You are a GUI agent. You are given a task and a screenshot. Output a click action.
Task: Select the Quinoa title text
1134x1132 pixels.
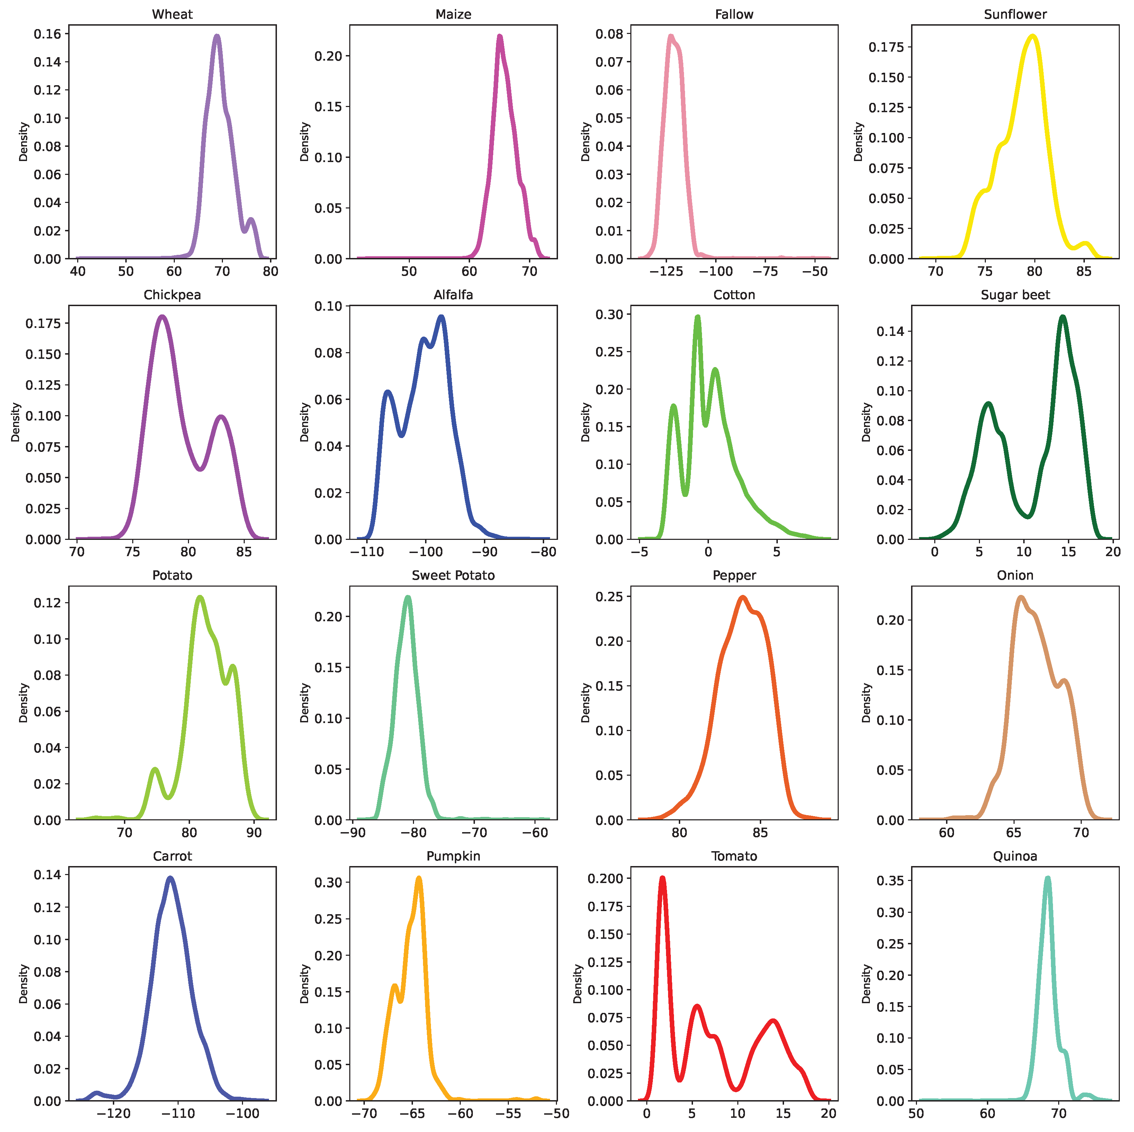(x=1015, y=856)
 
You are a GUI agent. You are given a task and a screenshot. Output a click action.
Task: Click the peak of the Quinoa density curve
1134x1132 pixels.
(x=1047, y=879)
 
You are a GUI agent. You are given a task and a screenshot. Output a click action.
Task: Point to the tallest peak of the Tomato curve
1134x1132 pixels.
(x=663, y=879)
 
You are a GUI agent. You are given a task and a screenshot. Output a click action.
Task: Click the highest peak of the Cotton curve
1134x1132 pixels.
(x=698, y=318)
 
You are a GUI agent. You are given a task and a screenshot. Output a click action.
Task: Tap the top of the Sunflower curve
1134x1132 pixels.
(x=1032, y=36)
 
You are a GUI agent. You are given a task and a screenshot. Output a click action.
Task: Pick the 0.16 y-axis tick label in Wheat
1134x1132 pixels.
(x=47, y=34)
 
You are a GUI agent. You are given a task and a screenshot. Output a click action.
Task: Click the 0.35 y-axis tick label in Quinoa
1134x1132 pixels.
(x=890, y=881)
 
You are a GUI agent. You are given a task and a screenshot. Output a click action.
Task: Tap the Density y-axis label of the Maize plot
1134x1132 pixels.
(x=304, y=142)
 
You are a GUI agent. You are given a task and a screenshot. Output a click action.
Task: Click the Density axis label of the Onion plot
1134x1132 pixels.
(x=866, y=703)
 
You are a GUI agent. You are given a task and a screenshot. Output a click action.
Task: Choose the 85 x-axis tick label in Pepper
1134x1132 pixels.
(x=760, y=832)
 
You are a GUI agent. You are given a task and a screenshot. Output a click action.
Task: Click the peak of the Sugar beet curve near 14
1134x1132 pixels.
(x=1062, y=318)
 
